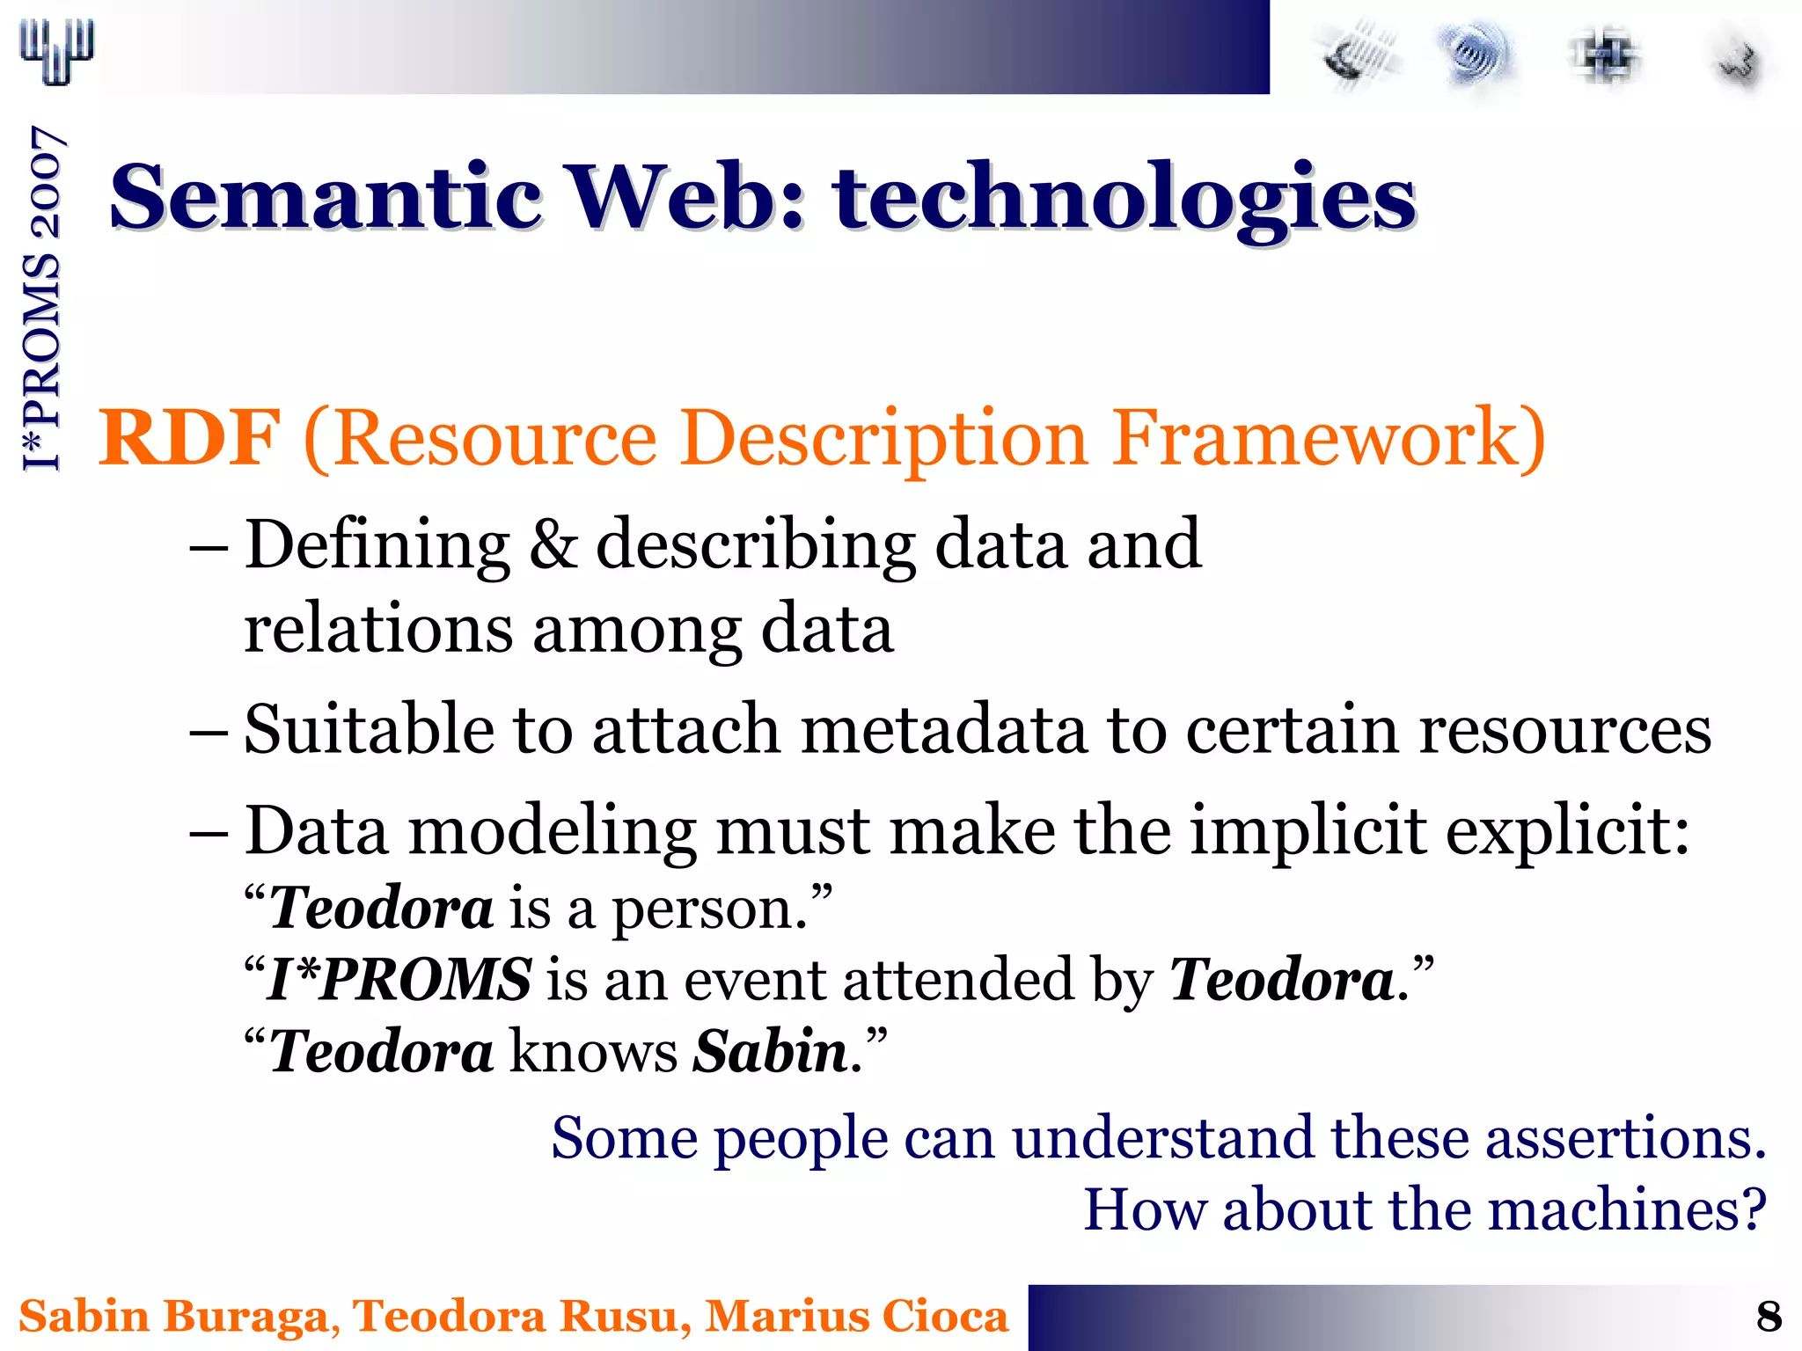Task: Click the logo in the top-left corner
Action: pyautogui.click(x=57, y=51)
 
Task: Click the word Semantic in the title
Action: pyautogui.click(x=326, y=198)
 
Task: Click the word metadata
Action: pyautogui.click(x=944, y=729)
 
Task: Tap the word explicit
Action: pyautogui.click(x=1567, y=831)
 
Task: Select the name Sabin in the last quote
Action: pyautogui.click(x=770, y=1051)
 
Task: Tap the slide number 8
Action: pyautogui.click(x=1769, y=1317)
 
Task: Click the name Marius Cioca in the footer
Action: pyautogui.click(x=857, y=1317)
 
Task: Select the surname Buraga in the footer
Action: pyautogui.click(x=245, y=1317)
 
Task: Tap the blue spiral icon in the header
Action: pyautogui.click(x=1475, y=55)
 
